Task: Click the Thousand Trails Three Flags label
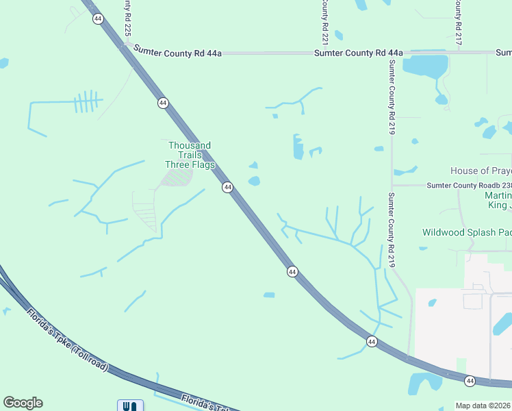tap(190, 155)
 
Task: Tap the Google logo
tap(23, 403)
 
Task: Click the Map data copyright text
tap(483, 406)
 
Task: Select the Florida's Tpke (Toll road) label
tap(68, 340)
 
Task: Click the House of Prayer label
tap(481, 171)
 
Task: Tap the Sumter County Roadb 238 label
tap(468, 185)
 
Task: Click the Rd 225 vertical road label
tap(127, 19)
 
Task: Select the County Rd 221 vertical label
tap(325, 19)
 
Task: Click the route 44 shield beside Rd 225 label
tap(98, 18)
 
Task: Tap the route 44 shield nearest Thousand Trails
tap(227, 187)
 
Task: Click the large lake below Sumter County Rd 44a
tap(425, 66)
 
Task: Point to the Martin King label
tap(493, 201)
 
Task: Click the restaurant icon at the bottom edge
tap(131, 406)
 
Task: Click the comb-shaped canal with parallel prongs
tap(86, 102)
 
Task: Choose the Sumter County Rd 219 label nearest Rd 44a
tap(392, 96)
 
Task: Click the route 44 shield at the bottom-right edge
tap(470, 380)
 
